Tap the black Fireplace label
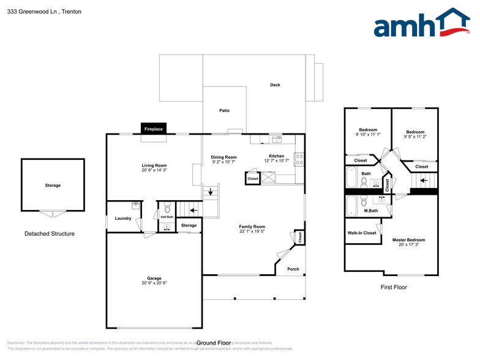(153, 129)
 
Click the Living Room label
(154, 165)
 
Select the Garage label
(154, 278)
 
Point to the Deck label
(275, 85)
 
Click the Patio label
(225, 111)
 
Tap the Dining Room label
(224, 157)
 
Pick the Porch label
(293, 269)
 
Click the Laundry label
(123, 217)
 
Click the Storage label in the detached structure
(53, 185)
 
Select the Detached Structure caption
(50, 234)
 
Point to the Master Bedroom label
(408, 239)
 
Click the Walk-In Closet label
(362, 233)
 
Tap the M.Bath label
(370, 211)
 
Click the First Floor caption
(394, 287)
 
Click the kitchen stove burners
(299, 159)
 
